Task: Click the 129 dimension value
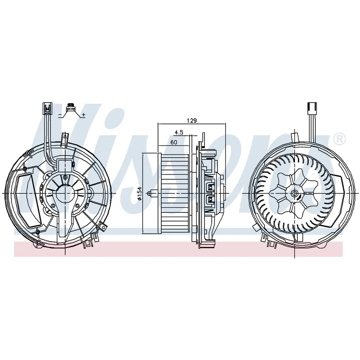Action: click(x=192, y=120)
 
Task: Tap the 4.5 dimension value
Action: click(x=179, y=132)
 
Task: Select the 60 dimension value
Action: click(x=174, y=142)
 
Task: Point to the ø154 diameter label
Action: click(x=139, y=194)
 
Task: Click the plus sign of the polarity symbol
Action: click(x=84, y=114)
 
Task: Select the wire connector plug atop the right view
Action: click(x=312, y=108)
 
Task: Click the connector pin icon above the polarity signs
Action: click(x=70, y=107)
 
